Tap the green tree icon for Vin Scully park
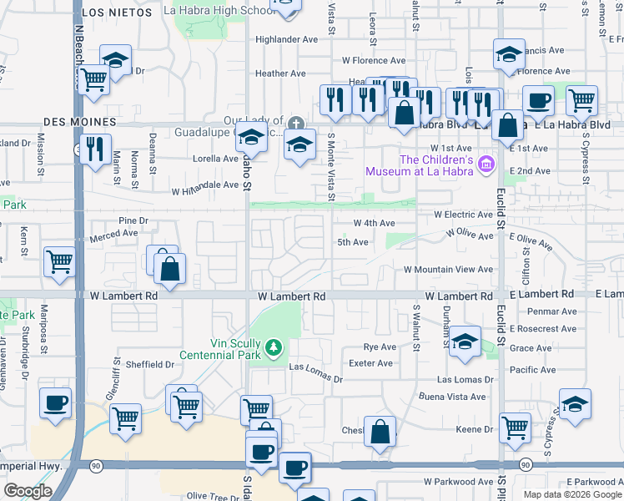point(273,346)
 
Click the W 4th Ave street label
point(374,224)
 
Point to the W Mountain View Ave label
point(448,270)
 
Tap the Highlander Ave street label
point(287,39)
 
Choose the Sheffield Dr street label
point(149,364)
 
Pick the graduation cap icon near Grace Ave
point(465,341)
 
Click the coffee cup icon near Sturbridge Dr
point(56,402)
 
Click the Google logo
point(28,491)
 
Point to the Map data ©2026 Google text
point(571,493)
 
